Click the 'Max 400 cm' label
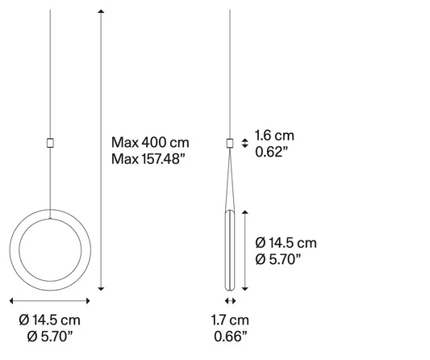pos(150,143)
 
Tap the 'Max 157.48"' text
pos(148,159)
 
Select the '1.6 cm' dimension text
pos(274,136)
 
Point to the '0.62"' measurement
pos(272,152)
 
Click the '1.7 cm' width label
pos(230,320)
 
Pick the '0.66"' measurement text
pos(231,336)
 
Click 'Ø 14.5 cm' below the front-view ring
pos(50,320)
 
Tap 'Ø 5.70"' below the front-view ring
pos(51,336)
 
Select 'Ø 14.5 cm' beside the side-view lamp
pos(286,243)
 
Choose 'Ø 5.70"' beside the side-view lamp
pos(278,259)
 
